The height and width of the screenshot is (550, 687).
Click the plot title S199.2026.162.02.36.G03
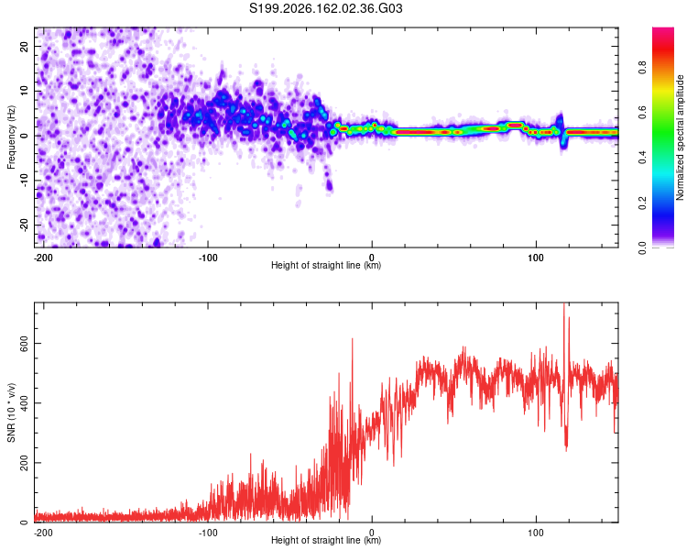(325, 8)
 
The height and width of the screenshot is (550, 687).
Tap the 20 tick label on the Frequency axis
(24, 46)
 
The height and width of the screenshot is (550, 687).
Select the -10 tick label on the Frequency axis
(24, 180)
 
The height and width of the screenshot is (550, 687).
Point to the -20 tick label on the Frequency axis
(24, 225)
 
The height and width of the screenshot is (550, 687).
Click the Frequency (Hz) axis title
(11, 137)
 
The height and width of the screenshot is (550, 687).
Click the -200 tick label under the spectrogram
(42, 258)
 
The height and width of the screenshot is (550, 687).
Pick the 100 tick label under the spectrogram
(536, 258)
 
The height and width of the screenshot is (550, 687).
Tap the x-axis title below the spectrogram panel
(326, 265)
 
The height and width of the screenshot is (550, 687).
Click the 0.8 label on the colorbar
(642, 68)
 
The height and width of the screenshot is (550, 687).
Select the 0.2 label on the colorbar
(642, 203)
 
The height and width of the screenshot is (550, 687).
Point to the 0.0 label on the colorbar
(642, 247)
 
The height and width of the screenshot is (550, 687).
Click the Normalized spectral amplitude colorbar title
(680, 137)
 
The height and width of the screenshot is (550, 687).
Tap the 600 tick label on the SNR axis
(24, 344)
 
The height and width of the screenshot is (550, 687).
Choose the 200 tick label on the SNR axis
(24, 463)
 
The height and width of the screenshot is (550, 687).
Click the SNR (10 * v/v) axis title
(11, 412)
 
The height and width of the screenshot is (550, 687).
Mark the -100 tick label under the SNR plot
(208, 533)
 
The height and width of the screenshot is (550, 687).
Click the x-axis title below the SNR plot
(326, 540)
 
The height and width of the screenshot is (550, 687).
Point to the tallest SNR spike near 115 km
(564, 303)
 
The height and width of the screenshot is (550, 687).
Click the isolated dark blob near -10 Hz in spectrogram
(329, 186)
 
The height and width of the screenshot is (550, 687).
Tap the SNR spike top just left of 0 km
(353, 339)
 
